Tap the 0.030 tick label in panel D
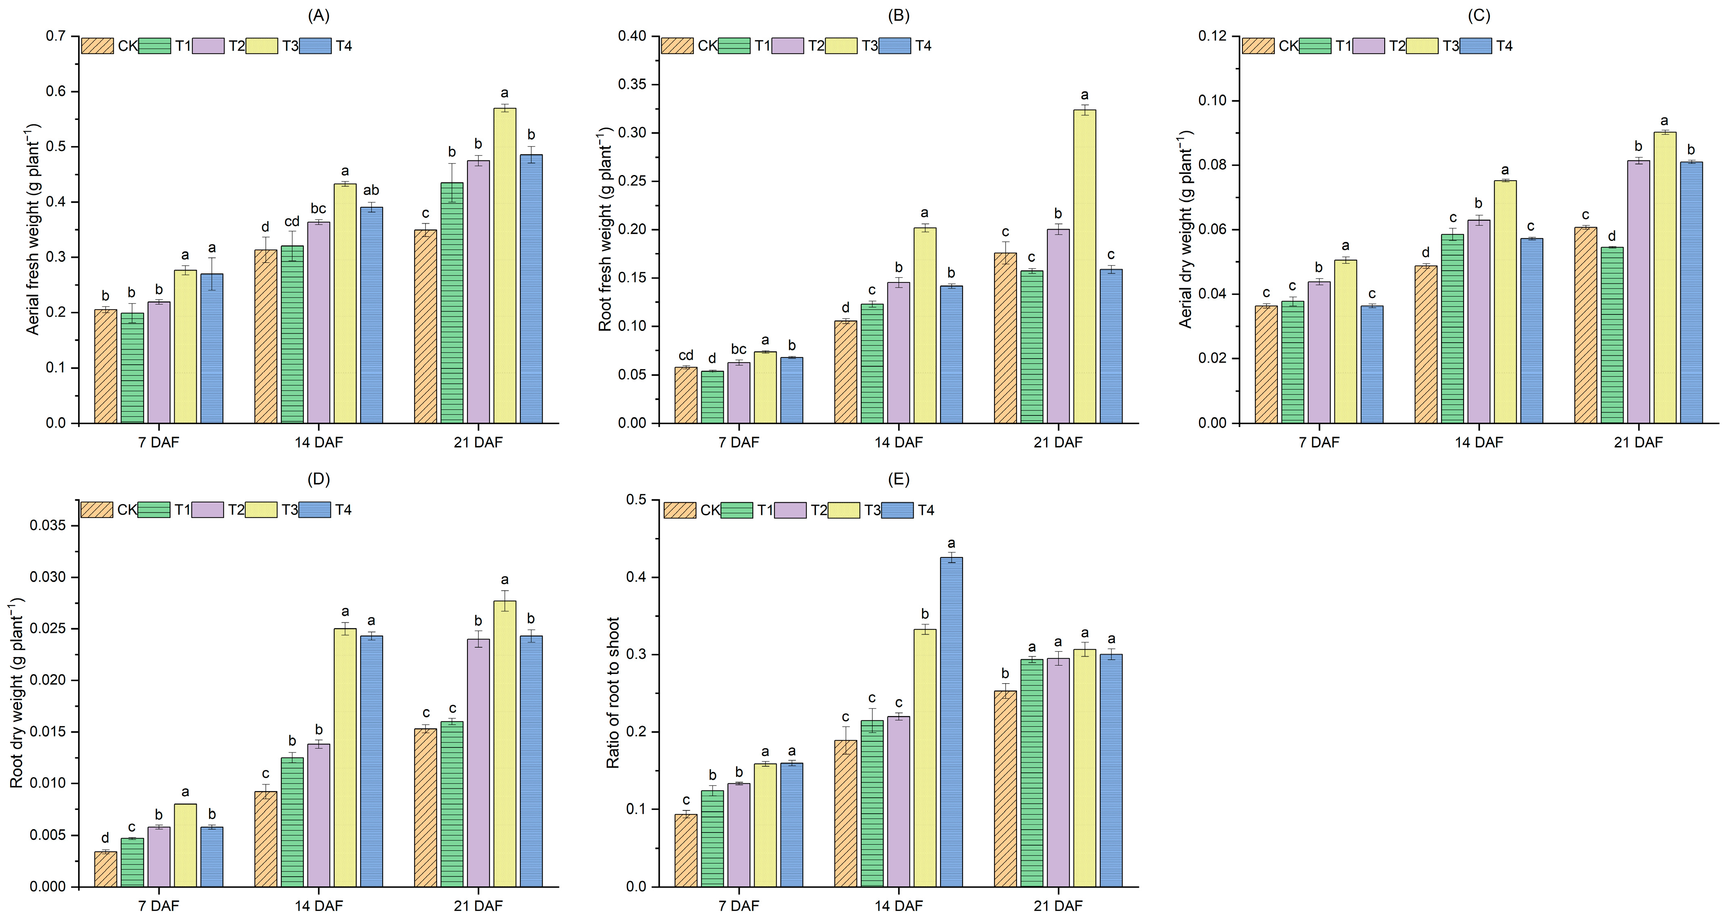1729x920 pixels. pos(48,577)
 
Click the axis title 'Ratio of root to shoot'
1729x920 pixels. pos(613,693)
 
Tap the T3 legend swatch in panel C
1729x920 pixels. pos(1421,46)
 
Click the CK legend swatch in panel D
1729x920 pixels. pos(97,510)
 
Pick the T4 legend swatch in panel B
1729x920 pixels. pos(895,46)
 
